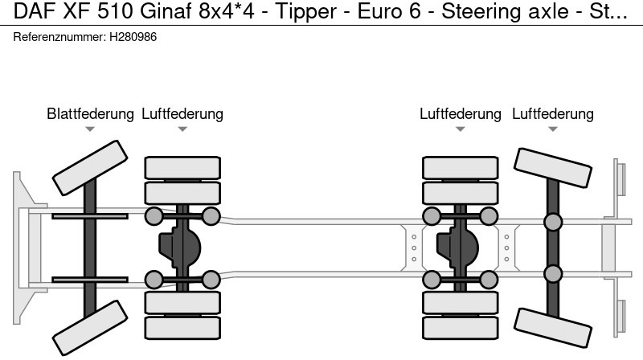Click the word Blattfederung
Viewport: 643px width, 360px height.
click(x=90, y=114)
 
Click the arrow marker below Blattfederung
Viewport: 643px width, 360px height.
click(x=90, y=129)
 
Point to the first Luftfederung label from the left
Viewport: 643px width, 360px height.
click(x=182, y=114)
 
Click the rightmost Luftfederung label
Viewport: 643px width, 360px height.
click(x=553, y=114)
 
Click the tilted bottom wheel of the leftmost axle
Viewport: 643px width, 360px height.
click(x=83, y=330)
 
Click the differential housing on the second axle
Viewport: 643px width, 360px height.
click(x=182, y=247)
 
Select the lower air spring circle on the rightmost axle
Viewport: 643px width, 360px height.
click(x=553, y=274)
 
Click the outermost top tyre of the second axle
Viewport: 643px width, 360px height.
click(x=182, y=167)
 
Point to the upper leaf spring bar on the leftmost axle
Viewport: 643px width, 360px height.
click(x=80, y=216)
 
